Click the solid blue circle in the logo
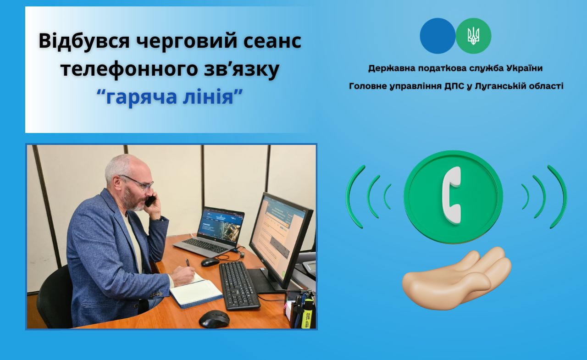(437, 36)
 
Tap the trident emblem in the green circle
(473, 36)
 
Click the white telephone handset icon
(452, 195)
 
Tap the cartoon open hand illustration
(456, 278)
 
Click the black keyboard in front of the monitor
(239, 285)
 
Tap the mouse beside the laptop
(210, 262)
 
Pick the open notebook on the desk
(196, 290)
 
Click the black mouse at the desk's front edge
(214, 319)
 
